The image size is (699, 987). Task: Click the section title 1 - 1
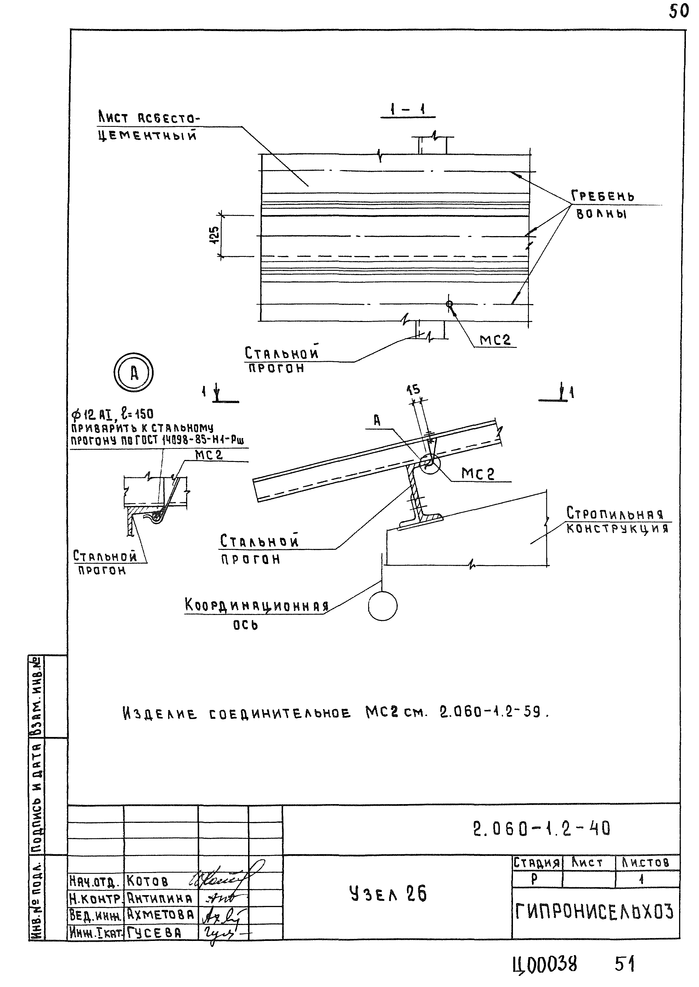407,110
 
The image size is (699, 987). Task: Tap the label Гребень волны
602,205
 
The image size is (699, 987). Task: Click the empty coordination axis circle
383,606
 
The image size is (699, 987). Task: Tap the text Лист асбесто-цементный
149,127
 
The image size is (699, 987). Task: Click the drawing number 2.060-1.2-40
541,828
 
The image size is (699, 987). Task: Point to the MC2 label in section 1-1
495,340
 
